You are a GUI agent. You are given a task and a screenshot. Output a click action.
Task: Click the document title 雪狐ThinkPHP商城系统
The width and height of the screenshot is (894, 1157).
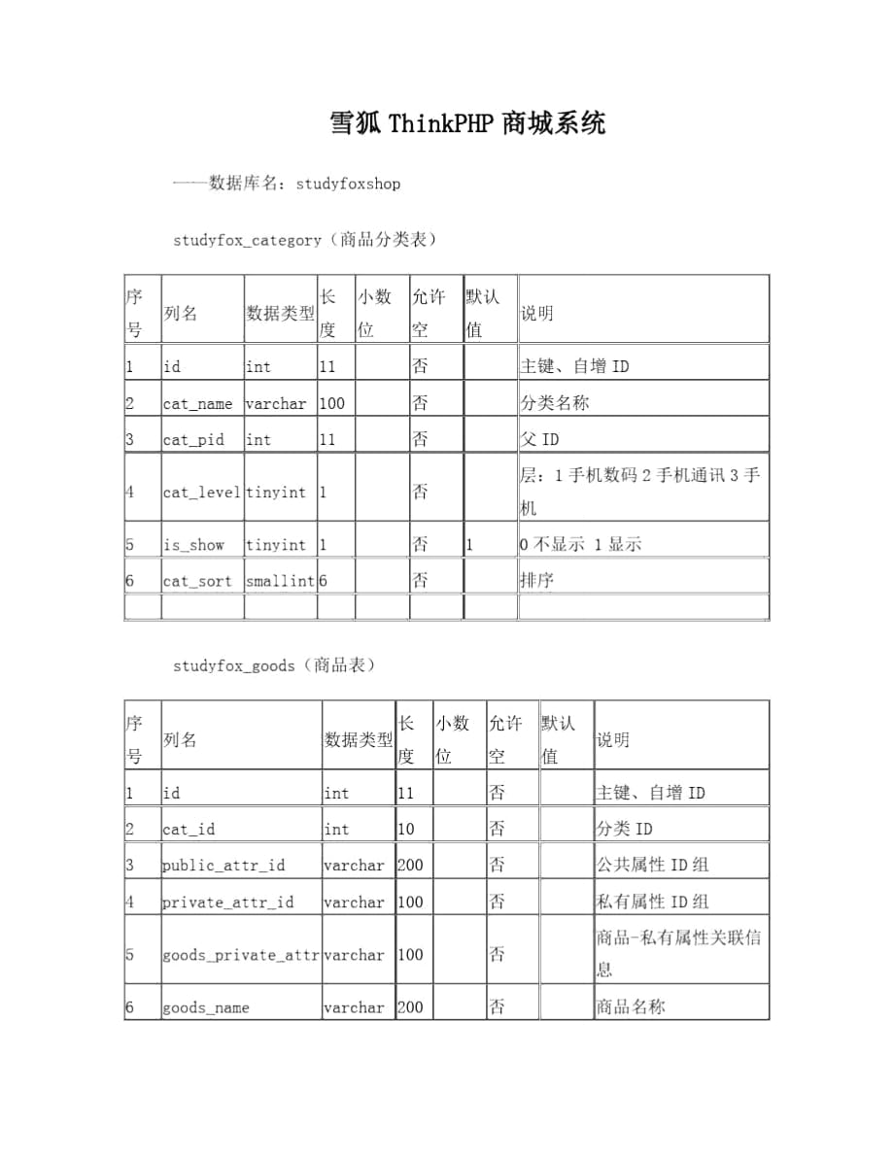[x=466, y=124]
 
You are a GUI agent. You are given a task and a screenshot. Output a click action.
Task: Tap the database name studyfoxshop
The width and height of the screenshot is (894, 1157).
[x=347, y=183]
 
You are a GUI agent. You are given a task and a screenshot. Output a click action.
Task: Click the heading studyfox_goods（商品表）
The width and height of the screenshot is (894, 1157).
[x=274, y=665]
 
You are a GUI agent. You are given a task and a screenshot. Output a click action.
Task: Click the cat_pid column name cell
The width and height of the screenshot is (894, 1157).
[x=193, y=440]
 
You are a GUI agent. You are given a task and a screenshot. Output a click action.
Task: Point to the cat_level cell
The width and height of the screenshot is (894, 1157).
[x=201, y=493]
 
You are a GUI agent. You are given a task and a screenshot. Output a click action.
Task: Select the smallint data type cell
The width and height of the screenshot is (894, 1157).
[x=280, y=581]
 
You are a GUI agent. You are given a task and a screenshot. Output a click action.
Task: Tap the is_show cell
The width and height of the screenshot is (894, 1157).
[x=193, y=545]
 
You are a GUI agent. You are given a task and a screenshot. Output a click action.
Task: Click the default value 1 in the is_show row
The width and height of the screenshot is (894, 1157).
[x=470, y=545]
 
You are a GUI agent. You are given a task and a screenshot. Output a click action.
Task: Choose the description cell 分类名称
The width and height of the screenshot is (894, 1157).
[x=555, y=403]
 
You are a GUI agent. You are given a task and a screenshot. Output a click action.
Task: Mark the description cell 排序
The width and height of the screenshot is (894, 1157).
[x=537, y=581]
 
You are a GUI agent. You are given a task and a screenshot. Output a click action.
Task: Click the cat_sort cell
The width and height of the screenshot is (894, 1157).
[x=197, y=581]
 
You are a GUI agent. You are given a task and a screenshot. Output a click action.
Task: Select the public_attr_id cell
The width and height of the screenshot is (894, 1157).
[x=223, y=866]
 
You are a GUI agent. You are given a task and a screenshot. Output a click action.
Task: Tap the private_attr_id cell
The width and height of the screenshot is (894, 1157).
[x=227, y=902]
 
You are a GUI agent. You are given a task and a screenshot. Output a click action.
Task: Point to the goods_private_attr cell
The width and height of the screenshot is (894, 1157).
[x=241, y=955]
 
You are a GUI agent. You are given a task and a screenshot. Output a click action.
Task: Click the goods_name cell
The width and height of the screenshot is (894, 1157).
[x=205, y=1007]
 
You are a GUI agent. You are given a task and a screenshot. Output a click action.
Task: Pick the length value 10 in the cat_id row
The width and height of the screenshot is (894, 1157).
[x=406, y=830]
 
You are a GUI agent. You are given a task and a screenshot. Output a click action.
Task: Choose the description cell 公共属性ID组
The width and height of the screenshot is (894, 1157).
[x=651, y=865]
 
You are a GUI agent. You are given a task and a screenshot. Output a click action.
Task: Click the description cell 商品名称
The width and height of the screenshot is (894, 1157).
[x=631, y=1007]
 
